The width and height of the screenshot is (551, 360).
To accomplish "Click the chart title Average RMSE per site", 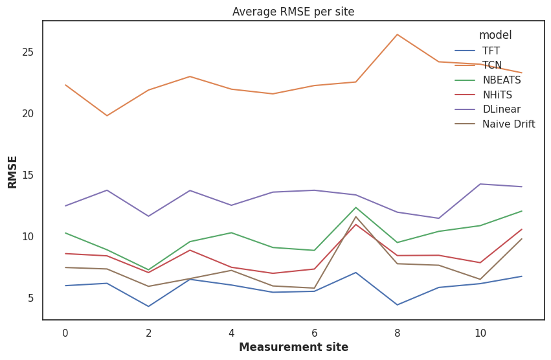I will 293,12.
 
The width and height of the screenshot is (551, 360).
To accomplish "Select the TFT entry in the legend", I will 491,51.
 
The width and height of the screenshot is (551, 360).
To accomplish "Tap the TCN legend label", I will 492,65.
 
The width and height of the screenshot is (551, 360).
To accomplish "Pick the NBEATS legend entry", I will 501,80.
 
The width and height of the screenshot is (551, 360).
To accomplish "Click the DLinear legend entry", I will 501,109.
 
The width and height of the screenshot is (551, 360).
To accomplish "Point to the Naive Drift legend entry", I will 508,124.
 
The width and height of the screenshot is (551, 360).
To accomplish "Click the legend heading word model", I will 495,35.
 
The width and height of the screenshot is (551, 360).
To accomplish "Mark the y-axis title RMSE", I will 13,171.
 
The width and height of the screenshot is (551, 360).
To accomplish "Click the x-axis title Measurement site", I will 293,347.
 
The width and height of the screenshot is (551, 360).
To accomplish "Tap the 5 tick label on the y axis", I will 30,298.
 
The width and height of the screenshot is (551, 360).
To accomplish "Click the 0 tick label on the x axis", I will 65,333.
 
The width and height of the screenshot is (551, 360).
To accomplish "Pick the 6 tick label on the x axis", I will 314,333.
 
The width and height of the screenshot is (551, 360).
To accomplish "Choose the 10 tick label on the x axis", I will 480,333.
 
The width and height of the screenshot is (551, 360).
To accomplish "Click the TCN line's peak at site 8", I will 397,34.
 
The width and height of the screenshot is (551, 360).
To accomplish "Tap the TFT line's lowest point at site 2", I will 148,306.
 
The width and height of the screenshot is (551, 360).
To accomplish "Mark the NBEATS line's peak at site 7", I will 355,207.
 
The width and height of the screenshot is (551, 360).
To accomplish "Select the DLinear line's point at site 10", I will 480,184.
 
